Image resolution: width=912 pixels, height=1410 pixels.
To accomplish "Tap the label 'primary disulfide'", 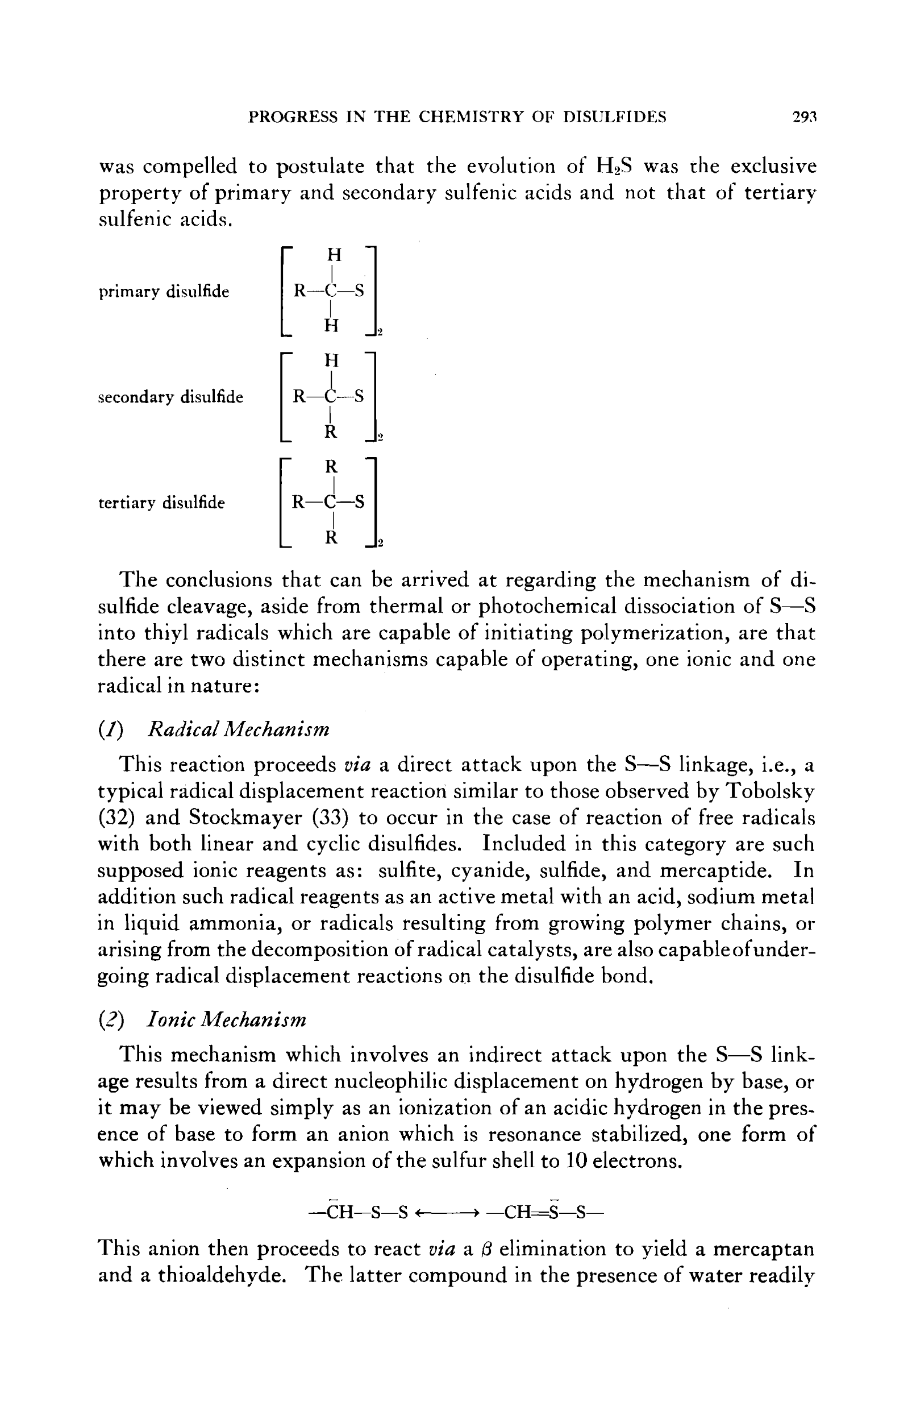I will coord(164,292).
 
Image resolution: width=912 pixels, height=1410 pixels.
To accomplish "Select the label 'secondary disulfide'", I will coord(170,397).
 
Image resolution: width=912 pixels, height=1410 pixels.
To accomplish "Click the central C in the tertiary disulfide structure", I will coord(332,503).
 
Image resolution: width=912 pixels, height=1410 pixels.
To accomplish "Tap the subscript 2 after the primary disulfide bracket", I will coord(380,334).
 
